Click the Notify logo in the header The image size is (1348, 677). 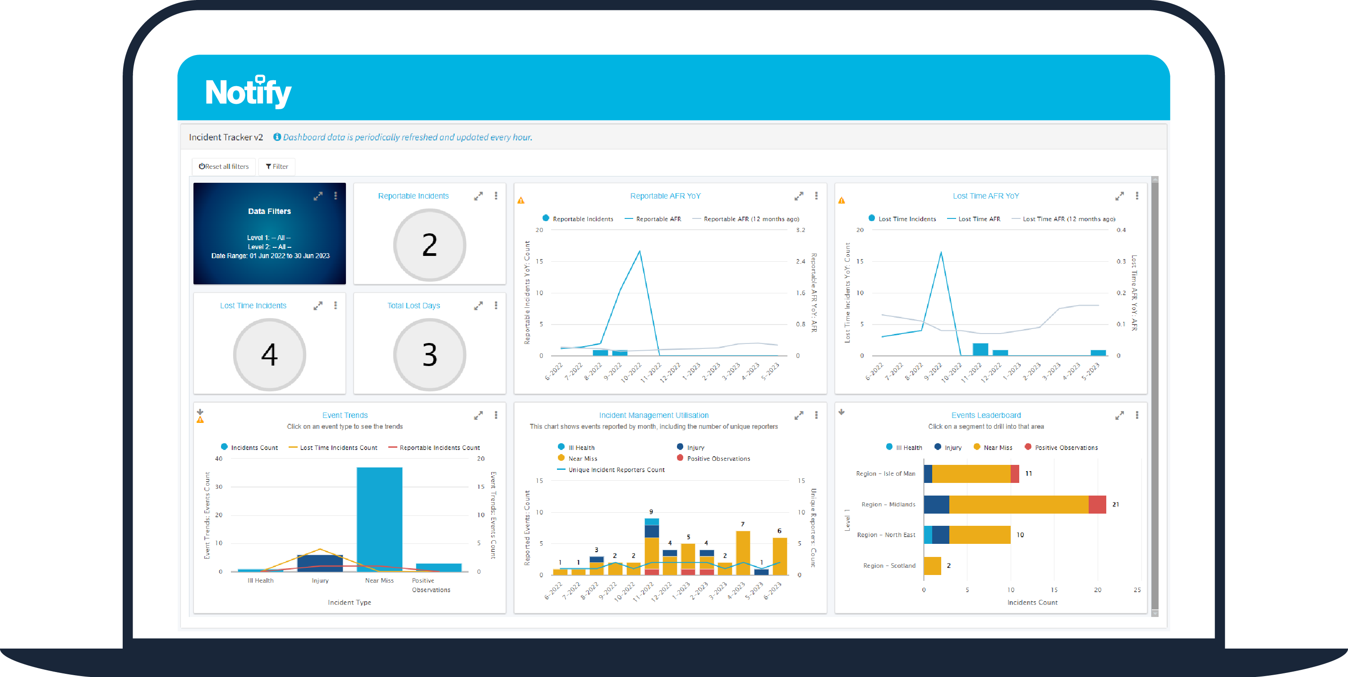tap(248, 92)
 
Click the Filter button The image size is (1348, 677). tap(277, 167)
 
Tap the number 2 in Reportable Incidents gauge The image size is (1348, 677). tap(429, 245)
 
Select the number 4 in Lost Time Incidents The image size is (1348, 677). tap(269, 355)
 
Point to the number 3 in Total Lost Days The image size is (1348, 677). tap(429, 355)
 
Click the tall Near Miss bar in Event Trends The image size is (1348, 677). tap(379, 518)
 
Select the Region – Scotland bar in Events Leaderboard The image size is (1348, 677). tap(932, 566)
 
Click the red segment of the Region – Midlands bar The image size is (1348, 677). tap(1097, 504)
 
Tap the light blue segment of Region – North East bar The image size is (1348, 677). tap(928, 534)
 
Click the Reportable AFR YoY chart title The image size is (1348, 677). tap(665, 196)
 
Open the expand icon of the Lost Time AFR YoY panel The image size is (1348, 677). tap(1119, 196)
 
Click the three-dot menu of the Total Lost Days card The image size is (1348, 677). tap(496, 305)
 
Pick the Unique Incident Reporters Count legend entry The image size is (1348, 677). tap(616, 470)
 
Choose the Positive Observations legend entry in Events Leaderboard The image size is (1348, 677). tap(1065, 448)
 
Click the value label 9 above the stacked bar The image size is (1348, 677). tap(651, 511)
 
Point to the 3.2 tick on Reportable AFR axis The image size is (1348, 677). tap(800, 230)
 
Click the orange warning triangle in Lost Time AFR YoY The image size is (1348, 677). tap(842, 200)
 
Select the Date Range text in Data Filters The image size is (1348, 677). tap(270, 256)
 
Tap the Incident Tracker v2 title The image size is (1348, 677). tap(225, 137)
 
